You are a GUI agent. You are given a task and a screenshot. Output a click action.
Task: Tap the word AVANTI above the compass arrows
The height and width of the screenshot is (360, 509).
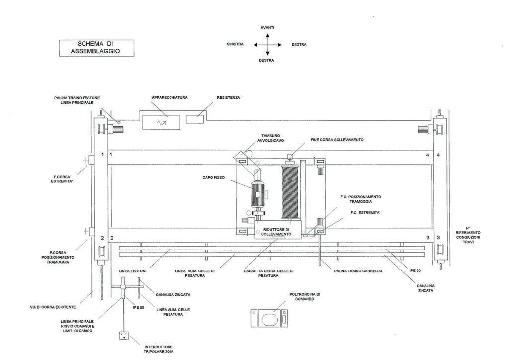[268, 28]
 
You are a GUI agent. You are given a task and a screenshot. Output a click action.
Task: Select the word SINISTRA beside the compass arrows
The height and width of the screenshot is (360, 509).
[234, 44]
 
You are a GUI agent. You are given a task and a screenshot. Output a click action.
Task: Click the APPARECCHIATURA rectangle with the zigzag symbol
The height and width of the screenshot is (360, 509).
[162, 121]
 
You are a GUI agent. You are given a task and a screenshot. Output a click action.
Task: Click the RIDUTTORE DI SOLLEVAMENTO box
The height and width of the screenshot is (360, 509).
[272, 231]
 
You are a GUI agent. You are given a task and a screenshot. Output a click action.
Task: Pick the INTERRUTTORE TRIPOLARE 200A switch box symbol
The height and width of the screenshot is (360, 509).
[122, 335]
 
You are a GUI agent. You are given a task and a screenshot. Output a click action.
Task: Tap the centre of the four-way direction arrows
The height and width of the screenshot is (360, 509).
[268, 44]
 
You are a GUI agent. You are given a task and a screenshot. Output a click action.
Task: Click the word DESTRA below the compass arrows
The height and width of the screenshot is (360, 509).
[267, 60]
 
